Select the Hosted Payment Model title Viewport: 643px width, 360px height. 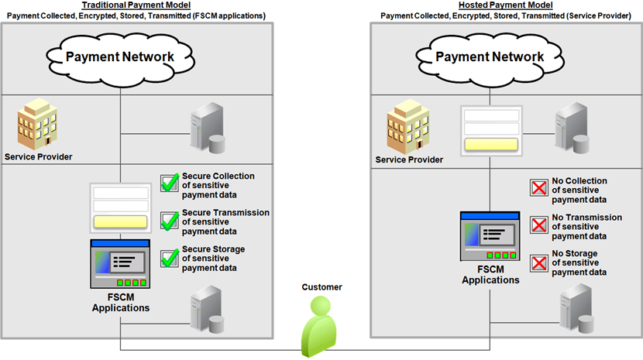pyautogui.click(x=507, y=5)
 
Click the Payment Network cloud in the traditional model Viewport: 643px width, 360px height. pyautogui.click(x=119, y=57)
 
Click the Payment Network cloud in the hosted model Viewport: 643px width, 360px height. pyautogui.click(x=489, y=57)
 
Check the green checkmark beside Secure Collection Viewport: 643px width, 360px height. pyautogui.click(x=170, y=183)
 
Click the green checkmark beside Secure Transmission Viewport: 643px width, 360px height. pyautogui.click(x=170, y=221)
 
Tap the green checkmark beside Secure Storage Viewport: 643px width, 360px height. pyautogui.click(x=170, y=258)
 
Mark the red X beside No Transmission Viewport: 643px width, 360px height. pyautogui.click(x=538, y=225)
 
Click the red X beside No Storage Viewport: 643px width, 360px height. pyautogui.click(x=538, y=262)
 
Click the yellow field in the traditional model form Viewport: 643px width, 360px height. pyautogui.click(x=120, y=222)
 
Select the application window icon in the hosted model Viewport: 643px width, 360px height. pyautogui.click(x=490, y=237)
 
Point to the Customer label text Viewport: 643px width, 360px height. pyautogui.click(x=321, y=287)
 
